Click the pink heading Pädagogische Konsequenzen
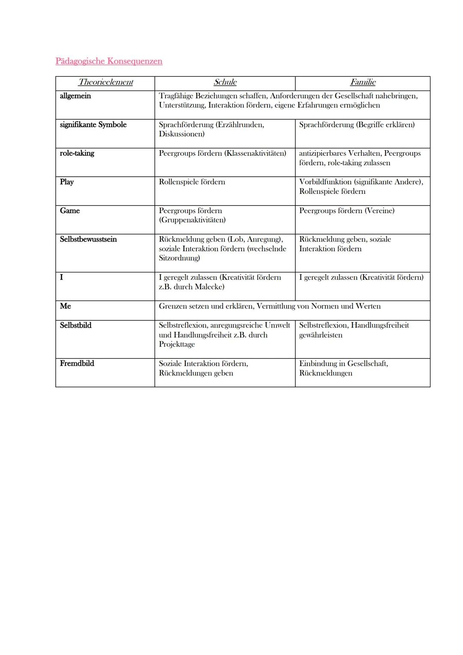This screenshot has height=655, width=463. [109, 61]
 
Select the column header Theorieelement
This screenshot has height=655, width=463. [105, 82]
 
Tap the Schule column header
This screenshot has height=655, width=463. [225, 82]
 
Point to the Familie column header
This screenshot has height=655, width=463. [363, 82]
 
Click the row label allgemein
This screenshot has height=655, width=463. [75, 96]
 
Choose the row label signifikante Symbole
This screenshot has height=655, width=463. [93, 125]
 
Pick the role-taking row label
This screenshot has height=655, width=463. [77, 154]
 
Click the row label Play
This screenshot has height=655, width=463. [67, 182]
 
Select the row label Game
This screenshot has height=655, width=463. [70, 211]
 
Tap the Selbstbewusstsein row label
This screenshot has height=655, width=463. [88, 239]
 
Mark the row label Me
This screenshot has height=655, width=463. [66, 306]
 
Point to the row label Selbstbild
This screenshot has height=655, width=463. [76, 326]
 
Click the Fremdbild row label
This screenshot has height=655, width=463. [77, 364]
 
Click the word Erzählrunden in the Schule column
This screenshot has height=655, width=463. [241, 125]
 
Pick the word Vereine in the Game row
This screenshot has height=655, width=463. [379, 211]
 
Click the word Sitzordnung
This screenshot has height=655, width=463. [179, 258]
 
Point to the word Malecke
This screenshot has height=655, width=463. [209, 287]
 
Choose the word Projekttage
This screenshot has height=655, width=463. [177, 344]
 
